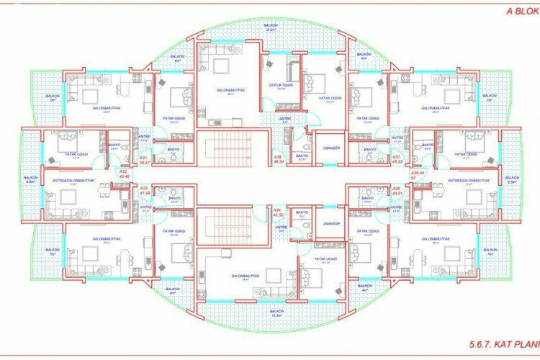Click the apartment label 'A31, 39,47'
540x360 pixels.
143,160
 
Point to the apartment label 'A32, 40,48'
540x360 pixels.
123,174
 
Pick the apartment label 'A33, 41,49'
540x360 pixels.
143,192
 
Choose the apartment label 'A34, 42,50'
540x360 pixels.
277,213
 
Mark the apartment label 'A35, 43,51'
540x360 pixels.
396,192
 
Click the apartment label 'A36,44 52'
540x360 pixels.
416,176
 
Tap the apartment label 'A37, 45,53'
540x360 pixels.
396,160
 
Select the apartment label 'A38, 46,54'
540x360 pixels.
277,160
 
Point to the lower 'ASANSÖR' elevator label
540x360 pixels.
332,223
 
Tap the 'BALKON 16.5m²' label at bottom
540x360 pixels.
276,313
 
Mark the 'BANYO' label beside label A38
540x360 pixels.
302,156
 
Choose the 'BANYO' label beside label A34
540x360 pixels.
302,213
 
